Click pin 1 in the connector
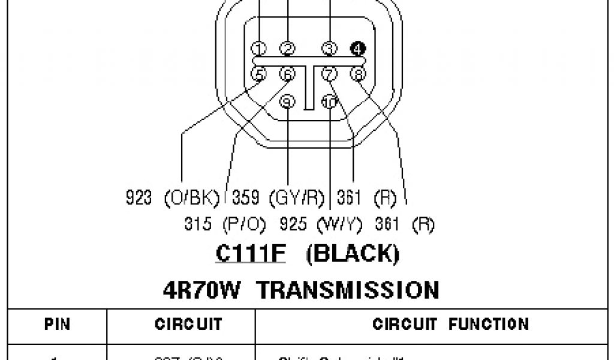pos(259,49)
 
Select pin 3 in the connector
pos(329,49)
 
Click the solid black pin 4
pos(358,49)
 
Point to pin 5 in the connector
pos(259,74)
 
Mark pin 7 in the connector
pos(329,74)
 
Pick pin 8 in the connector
pos(358,74)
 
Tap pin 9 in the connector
pos(288,101)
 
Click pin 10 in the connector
pos(329,101)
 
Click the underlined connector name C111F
pos(251,254)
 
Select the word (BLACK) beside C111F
pos(353,254)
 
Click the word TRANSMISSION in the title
pos(348,290)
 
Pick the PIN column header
pos(58,325)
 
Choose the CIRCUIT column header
pos(180,325)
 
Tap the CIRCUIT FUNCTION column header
pos(451,325)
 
